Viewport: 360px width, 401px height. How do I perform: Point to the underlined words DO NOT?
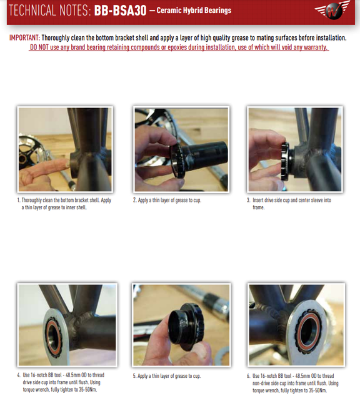tap(41, 48)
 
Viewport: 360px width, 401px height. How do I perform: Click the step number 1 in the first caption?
tap(19, 200)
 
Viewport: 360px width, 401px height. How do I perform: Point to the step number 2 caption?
tap(167, 200)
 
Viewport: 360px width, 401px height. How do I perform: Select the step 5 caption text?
tap(167, 376)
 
